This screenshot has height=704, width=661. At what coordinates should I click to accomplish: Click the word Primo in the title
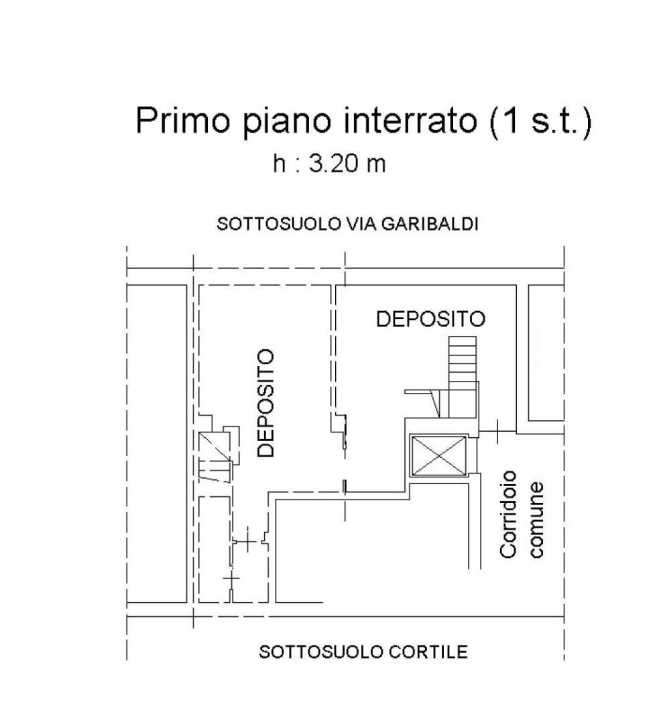point(183,120)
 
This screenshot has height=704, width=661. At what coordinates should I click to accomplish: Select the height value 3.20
point(335,164)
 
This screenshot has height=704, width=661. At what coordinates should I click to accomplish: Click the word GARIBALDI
point(430,223)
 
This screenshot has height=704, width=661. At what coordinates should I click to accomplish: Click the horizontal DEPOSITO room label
point(430,318)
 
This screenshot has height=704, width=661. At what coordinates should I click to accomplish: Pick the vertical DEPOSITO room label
point(265,403)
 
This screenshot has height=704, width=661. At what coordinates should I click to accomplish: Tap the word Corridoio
point(508,514)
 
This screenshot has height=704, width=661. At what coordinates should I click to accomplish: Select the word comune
point(536,520)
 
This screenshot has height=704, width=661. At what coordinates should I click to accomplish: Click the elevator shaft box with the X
point(439,456)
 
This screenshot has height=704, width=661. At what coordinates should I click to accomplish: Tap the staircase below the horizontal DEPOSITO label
point(462,377)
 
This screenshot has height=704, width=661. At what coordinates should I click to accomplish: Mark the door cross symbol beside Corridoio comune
point(497,431)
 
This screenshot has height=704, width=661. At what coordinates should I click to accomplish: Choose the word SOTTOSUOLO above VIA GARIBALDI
point(279,223)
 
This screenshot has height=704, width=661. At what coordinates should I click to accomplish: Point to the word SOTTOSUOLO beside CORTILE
point(321,652)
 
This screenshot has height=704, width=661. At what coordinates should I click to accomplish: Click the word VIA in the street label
point(361,223)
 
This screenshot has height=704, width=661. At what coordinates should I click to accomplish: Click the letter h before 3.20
point(279,164)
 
